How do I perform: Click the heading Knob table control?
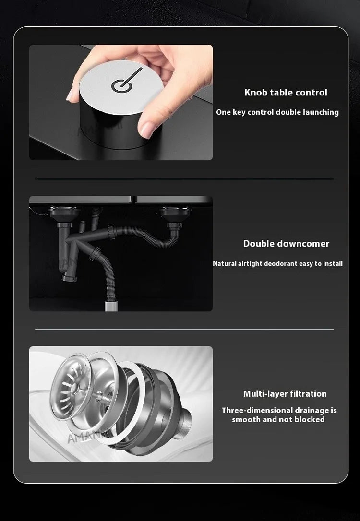286,92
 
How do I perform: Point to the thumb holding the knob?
149,127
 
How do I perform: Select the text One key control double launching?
277,112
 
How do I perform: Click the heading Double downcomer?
286,243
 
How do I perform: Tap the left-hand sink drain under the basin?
62,213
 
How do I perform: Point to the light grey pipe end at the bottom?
111,304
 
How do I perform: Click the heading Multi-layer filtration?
285,394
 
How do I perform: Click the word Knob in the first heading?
255,92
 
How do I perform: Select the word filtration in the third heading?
307,394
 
